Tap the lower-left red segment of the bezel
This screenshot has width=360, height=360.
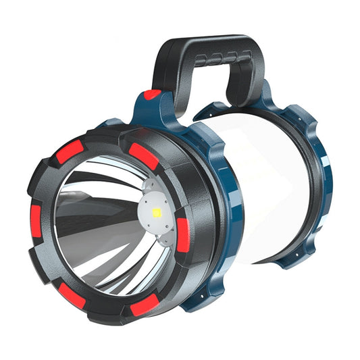[70, 293]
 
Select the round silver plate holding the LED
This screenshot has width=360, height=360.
[156, 215]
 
